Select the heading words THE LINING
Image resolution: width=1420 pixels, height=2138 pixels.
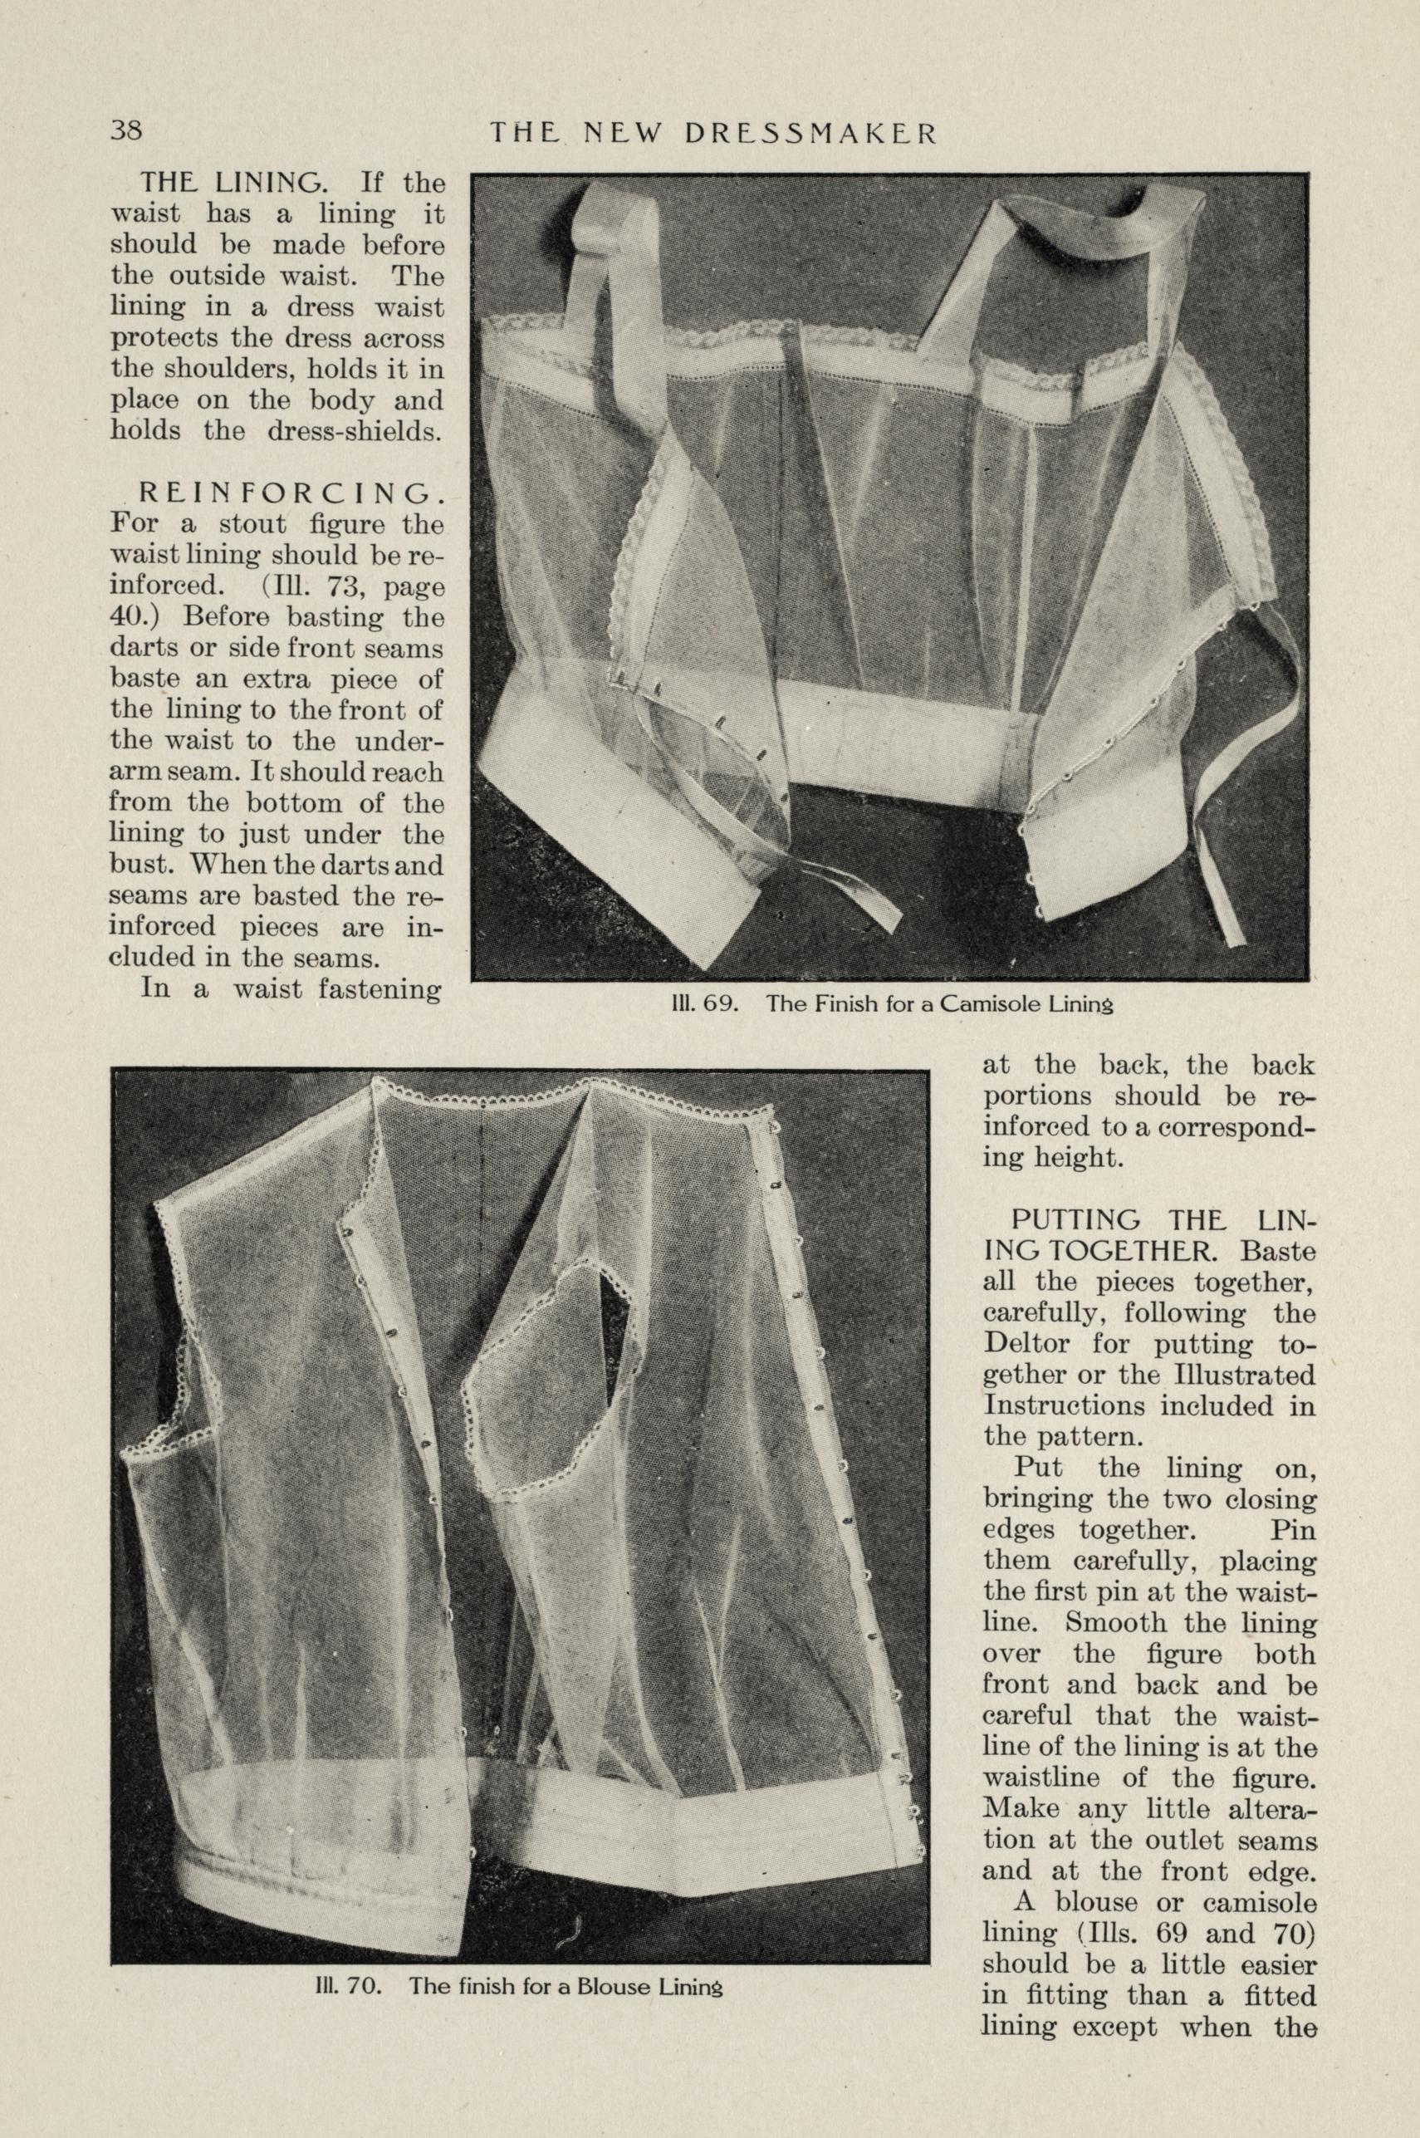point(232,184)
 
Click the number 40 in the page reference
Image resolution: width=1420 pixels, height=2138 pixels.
point(129,618)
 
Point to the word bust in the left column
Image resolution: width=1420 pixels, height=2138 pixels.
point(132,865)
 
